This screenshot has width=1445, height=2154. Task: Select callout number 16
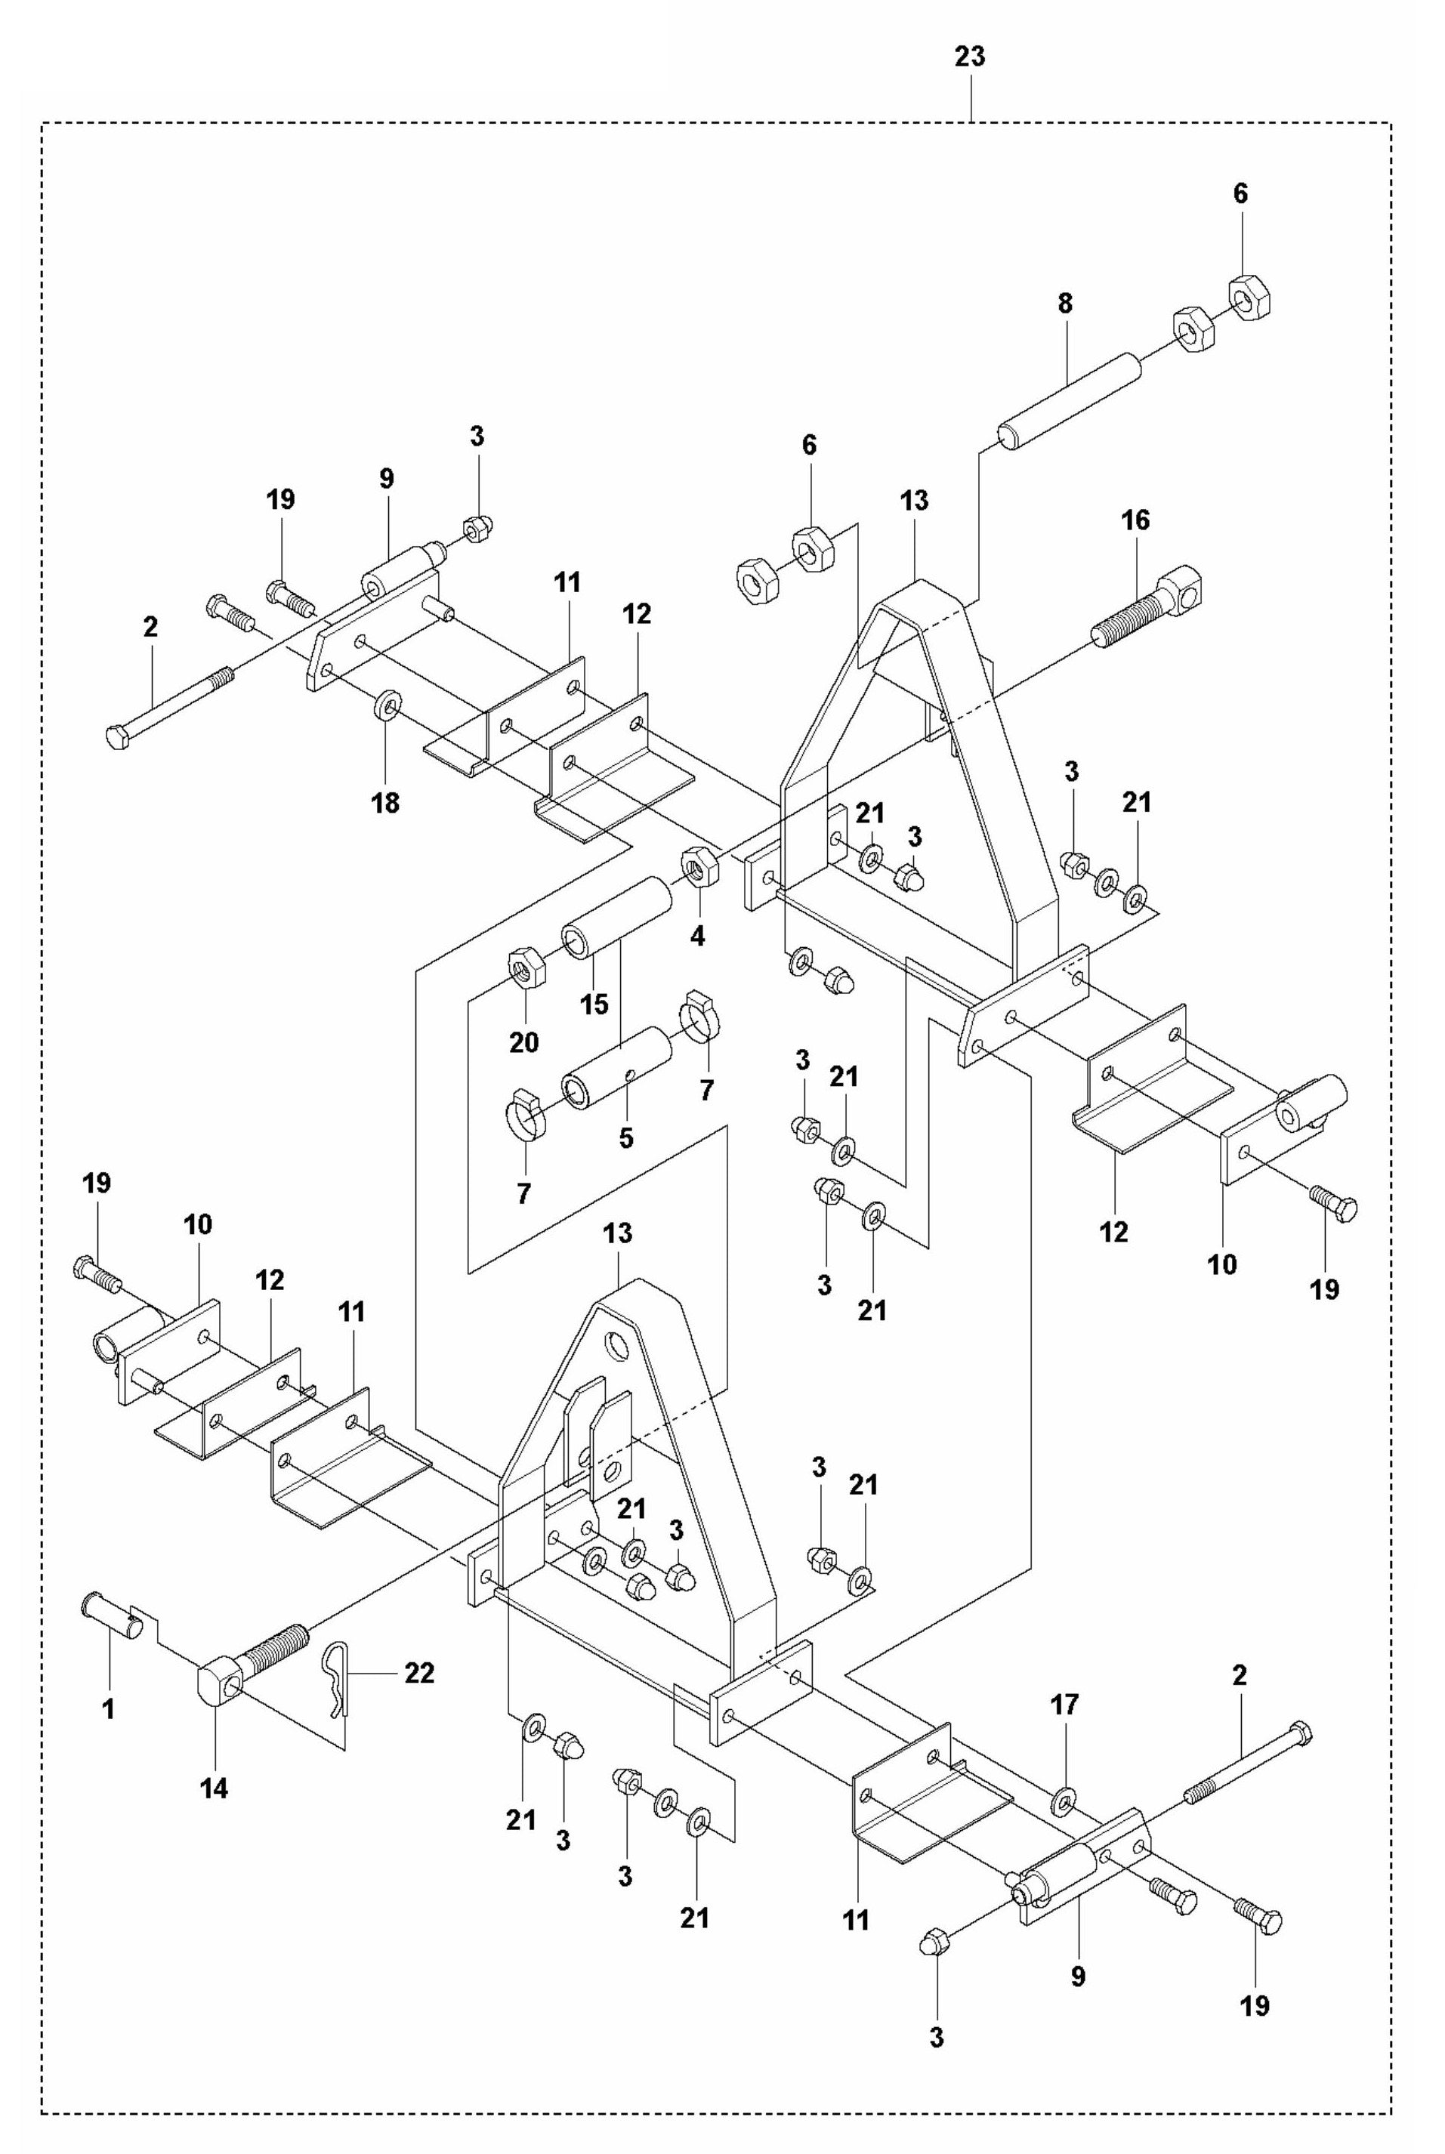(x=1135, y=520)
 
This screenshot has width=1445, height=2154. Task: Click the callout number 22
(x=419, y=1672)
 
